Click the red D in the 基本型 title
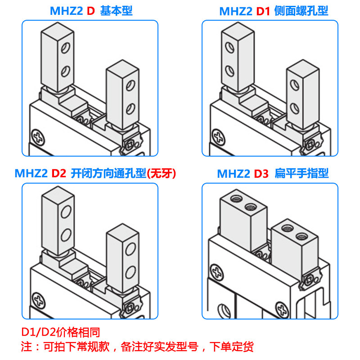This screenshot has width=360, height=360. click(x=90, y=11)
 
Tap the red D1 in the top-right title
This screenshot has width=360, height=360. click(x=263, y=11)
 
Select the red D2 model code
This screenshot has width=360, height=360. click(x=59, y=173)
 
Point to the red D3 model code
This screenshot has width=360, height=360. click(x=261, y=173)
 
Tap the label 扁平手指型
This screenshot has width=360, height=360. click(x=302, y=173)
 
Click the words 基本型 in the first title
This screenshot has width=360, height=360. click(x=116, y=11)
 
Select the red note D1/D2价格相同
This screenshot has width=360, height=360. click(x=60, y=333)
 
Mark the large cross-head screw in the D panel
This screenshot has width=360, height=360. click(x=38, y=135)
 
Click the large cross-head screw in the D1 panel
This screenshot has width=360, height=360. click(x=218, y=135)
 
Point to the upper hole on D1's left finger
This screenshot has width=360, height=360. click(x=229, y=47)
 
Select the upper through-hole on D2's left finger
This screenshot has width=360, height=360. click(x=66, y=211)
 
